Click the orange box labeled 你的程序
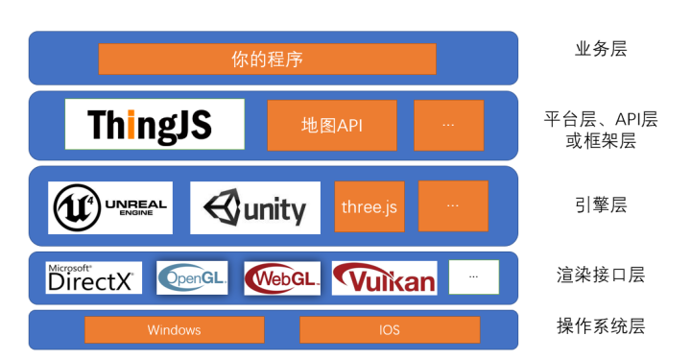tap(267, 59)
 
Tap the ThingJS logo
tap(155, 124)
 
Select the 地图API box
tap(331, 125)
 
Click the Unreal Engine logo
tap(110, 207)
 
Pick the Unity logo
tap(254, 207)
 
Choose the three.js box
tap(369, 206)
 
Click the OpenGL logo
tap(193, 277)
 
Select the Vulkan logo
tap(384, 278)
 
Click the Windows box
tap(174, 329)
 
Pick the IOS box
tap(389, 329)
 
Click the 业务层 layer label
tap(600, 49)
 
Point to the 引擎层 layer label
tap(600, 204)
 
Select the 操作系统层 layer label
tap(601, 325)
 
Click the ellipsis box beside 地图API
tap(448, 125)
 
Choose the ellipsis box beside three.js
tap(453, 205)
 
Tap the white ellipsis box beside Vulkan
tap(474, 276)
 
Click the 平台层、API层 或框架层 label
tap(601, 131)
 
